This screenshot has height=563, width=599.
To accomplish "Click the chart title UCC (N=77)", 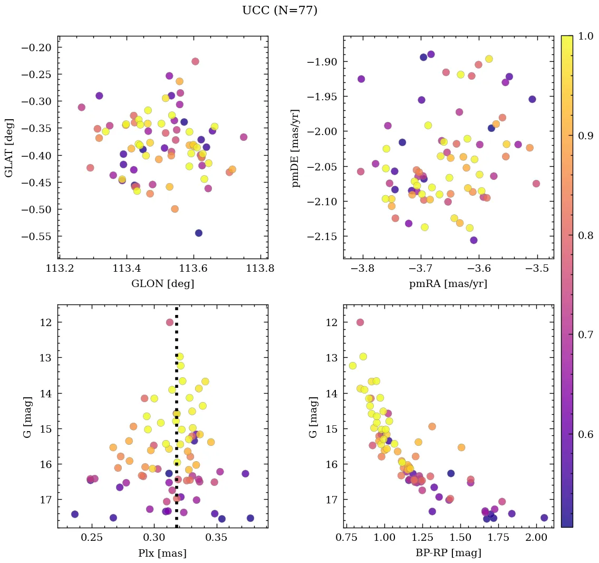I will [x=279, y=11].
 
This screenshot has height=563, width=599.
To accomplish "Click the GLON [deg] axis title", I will [x=162, y=284].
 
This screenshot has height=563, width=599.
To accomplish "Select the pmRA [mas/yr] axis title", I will [x=448, y=284].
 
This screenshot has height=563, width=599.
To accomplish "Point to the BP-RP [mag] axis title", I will [x=448, y=553].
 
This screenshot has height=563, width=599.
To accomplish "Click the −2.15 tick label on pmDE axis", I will [x=321, y=236].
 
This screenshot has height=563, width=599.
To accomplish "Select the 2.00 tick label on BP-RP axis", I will [x=536, y=538].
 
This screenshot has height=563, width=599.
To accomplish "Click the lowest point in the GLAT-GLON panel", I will [x=199, y=233].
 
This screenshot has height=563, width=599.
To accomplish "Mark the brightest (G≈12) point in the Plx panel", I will [x=170, y=322].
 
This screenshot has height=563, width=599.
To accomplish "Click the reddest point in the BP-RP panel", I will [x=544, y=518].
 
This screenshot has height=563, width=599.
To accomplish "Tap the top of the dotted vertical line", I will [x=177, y=308].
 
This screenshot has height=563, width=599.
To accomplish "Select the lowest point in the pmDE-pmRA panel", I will [x=474, y=240].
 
